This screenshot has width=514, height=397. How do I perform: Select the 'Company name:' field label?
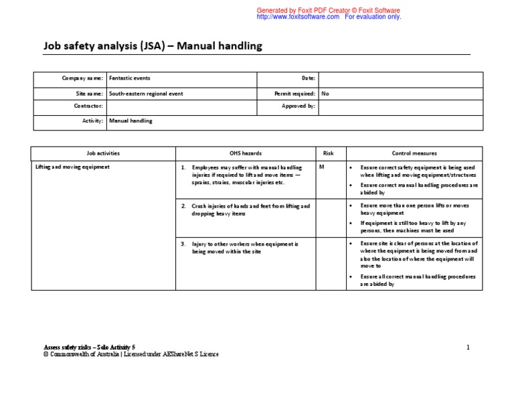pyautogui.click(x=82, y=78)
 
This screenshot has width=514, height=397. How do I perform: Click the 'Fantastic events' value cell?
pyautogui.click(x=130, y=78)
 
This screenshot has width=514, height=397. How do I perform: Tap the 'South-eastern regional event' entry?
pyautogui.click(x=146, y=94)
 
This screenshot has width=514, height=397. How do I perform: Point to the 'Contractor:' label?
pyautogui.click(x=88, y=106)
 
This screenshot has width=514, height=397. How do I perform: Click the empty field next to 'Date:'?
pyautogui.click(x=400, y=79)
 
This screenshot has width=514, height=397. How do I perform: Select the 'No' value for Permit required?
pyautogui.click(x=325, y=94)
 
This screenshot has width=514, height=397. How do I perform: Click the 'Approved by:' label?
pyautogui.click(x=299, y=106)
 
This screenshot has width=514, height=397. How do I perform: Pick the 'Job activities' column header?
pyautogui.click(x=103, y=153)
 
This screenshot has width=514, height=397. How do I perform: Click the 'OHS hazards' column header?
pyautogui.click(x=245, y=153)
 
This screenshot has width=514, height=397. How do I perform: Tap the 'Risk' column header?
pyautogui.click(x=328, y=153)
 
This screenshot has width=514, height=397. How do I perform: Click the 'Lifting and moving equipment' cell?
pyautogui.click(x=72, y=167)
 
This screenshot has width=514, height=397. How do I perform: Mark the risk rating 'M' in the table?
pyautogui.click(x=321, y=167)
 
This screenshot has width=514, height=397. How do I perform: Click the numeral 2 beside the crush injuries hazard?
pyautogui.click(x=183, y=206)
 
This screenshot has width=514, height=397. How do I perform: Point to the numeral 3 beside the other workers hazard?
pyautogui.click(x=183, y=244)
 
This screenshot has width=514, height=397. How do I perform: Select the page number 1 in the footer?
pyautogui.click(x=468, y=347)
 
